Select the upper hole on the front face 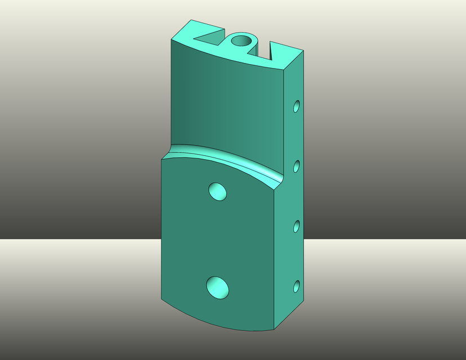point(217,191)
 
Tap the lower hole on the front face point(217,287)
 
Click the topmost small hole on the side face point(297,106)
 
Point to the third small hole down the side point(297,226)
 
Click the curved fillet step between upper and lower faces point(225,158)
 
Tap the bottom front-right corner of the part point(274,330)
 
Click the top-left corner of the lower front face point(163,159)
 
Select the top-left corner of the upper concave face point(171,40)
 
